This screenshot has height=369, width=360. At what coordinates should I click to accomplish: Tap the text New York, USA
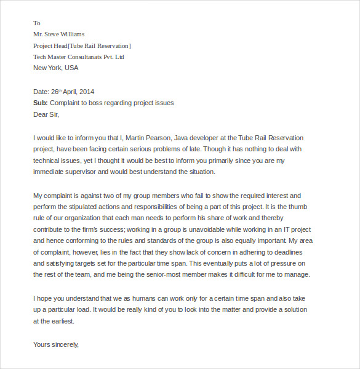(x=56, y=68)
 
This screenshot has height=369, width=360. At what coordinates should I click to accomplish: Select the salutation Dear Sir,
(x=47, y=114)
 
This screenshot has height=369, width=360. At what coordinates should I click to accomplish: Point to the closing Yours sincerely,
(x=56, y=344)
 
